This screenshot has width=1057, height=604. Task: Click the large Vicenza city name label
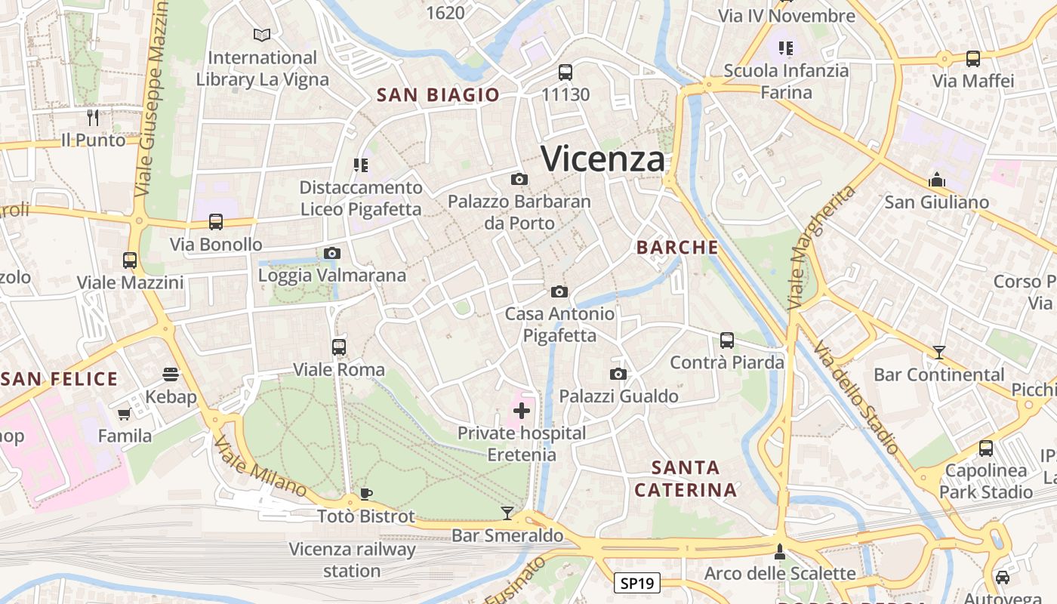tap(603, 159)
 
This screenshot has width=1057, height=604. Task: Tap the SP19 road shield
tap(637, 583)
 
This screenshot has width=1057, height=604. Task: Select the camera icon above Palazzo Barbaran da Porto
tap(519, 180)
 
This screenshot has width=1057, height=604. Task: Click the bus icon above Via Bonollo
tap(216, 222)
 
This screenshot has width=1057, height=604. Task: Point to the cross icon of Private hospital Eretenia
tap(521, 411)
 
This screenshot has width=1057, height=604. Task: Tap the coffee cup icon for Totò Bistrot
tap(366, 495)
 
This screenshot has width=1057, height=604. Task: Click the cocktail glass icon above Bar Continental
tap(938, 352)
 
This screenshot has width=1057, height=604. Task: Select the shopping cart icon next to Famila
tap(124, 414)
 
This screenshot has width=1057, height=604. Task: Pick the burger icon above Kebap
tap(171, 374)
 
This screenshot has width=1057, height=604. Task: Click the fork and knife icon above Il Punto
tap(93, 118)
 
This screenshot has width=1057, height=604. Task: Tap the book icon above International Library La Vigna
tap(262, 35)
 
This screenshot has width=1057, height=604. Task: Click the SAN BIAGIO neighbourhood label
tap(438, 94)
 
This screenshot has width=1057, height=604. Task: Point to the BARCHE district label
tap(677, 247)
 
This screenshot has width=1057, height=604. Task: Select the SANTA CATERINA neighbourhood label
tap(686, 479)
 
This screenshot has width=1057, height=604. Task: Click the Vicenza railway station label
tap(352, 559)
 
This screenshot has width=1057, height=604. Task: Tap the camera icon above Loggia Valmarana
tap(332, 253)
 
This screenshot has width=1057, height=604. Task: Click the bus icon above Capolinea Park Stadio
tap(986, 448)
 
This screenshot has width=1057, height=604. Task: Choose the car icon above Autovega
tap(1003, 578)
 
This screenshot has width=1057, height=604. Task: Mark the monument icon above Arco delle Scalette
tap(780, 552)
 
